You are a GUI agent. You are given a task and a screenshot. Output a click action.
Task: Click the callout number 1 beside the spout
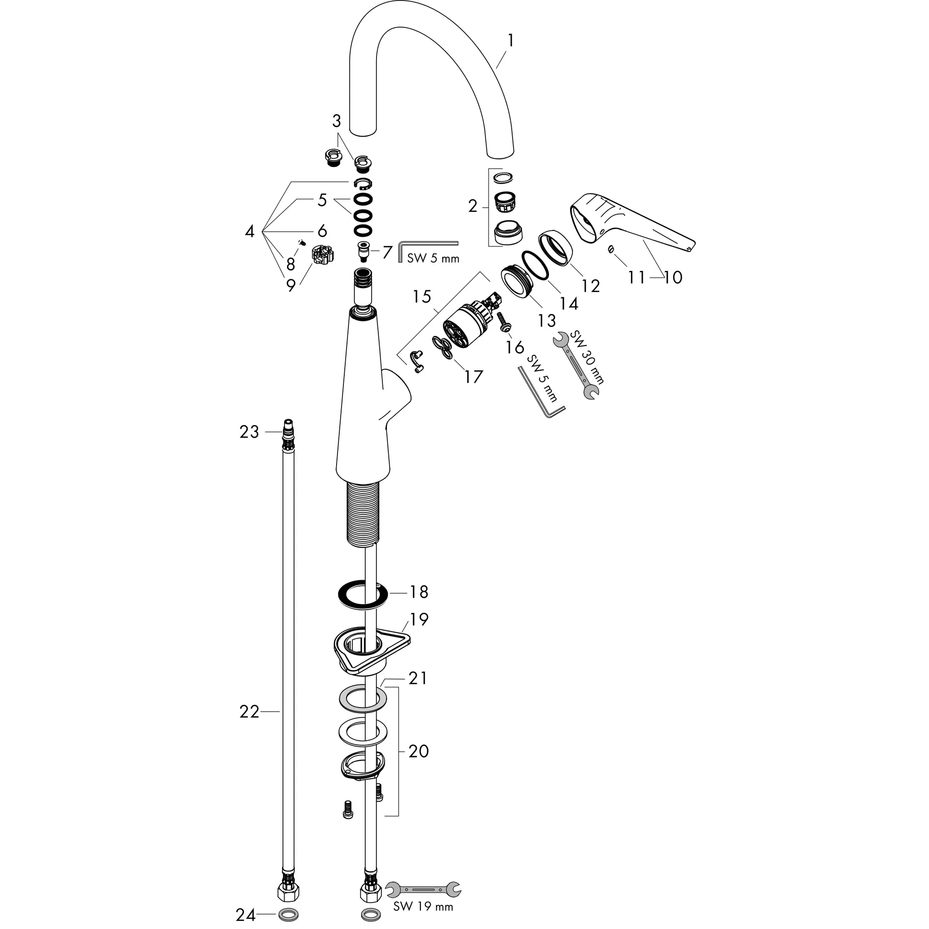511,41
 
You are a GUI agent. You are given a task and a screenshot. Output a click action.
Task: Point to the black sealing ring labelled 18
362,595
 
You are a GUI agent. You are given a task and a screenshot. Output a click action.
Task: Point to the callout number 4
249,231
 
